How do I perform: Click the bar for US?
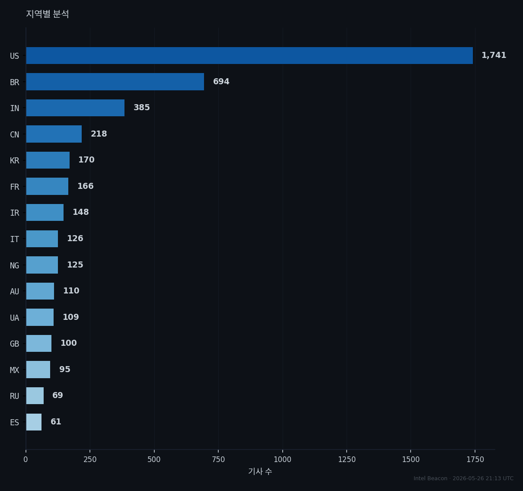pyautogui.click(x=249, y=56)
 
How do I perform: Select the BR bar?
pyautogui.click(x=115, y=82)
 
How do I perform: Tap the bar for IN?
pyautogui.click(x=75, y=108)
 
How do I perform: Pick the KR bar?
pyautogui.click(x=48, y=160)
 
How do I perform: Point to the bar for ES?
pyautogui.click(x=34, y=422)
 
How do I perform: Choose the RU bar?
pyautogui.click(x=35, y=395)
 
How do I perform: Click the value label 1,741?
pyautogui.click(x=494, y=55)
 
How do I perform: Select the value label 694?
pyautogui.click(x=221, y=81)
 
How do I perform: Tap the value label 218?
pyautogui.click(x=99, y=134)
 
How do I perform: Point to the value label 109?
pyautogui.click(x=71, y=317)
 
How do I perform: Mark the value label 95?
pyautogui.click(x=65, y=369)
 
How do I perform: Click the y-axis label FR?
pyautogui.click(x=15, y=187)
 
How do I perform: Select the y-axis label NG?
pyautogui.click(x=15, y=265)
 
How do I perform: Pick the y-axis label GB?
pyautogui.click(x=15, y=344)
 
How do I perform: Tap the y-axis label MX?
pyautogui.click(x=15, y=370)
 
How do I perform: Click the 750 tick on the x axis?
pyautogui.click(x=218, y=459)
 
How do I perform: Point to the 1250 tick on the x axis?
pyautogui.click(x=347, y=459)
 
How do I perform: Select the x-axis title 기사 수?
pyautogui.click(x=260, y=471)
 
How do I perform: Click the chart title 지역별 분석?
pyautogui.click(x=48, y=14)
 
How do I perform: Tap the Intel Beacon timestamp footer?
pyautogui.click(x=463, y=478)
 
